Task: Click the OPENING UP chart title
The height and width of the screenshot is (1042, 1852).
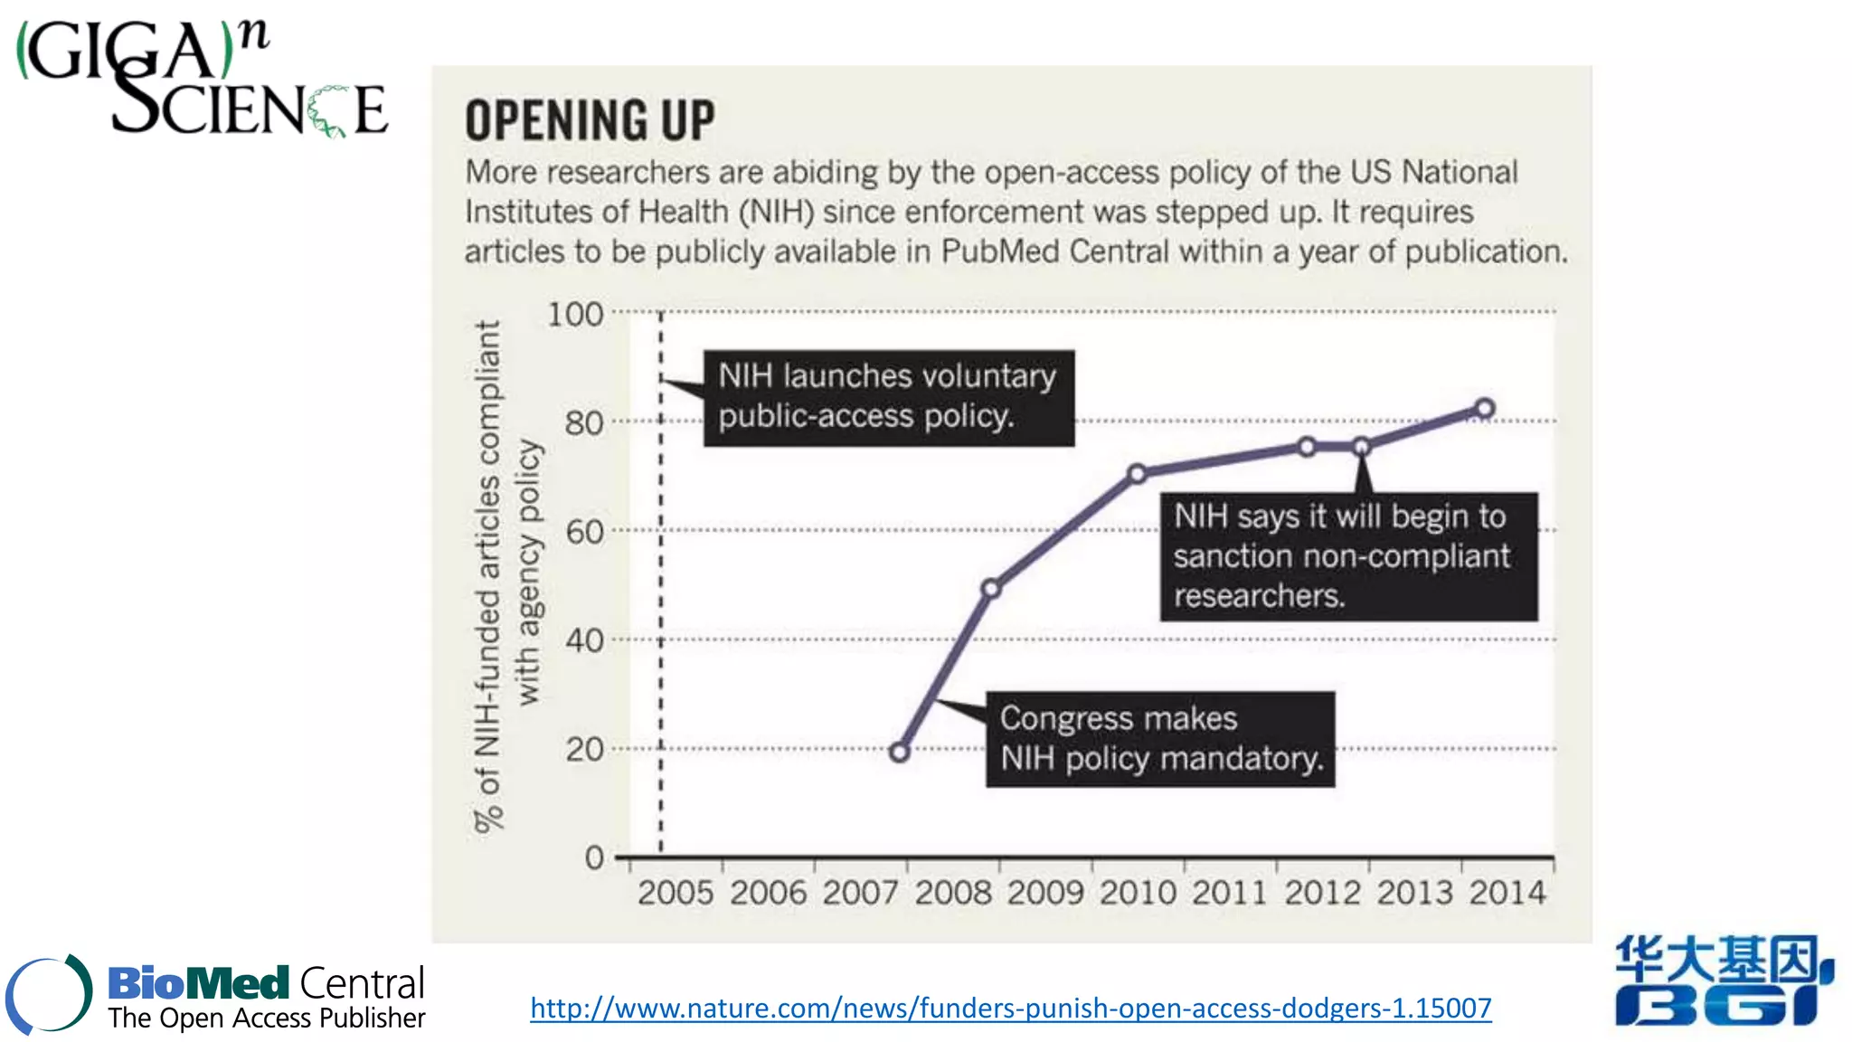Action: pos(590,120)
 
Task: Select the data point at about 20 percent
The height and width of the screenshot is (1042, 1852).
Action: pos(899,752)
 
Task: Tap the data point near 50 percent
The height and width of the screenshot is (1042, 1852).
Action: pos(991,589)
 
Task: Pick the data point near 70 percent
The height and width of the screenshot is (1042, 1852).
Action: pos(1138,473)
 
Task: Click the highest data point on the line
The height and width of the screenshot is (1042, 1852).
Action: pos(1484,408)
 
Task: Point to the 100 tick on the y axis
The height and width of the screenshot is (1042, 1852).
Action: pos(575,315)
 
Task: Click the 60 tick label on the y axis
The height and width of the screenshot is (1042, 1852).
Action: pos(584,532)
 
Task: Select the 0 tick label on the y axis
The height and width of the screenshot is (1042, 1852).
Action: pos(594,857)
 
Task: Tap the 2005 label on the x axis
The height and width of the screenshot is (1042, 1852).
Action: pos(676,894)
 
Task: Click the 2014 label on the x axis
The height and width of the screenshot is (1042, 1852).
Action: pos(1507,894)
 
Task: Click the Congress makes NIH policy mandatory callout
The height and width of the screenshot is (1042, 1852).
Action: pos(1160,739)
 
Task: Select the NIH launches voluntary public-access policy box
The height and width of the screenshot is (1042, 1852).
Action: pos(889,397)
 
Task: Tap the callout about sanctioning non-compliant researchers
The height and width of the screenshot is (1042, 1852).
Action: pos(1348,556)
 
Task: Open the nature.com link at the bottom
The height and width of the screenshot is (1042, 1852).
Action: pos(1010,1008)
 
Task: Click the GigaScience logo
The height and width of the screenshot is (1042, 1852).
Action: pos(203,80)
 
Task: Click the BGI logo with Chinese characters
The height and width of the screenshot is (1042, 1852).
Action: pos(1723,981)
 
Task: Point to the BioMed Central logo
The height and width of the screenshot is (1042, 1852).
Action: pos(217,995)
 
